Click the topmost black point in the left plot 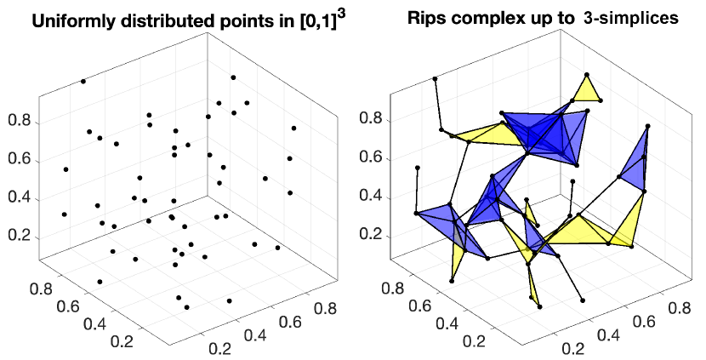83,81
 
